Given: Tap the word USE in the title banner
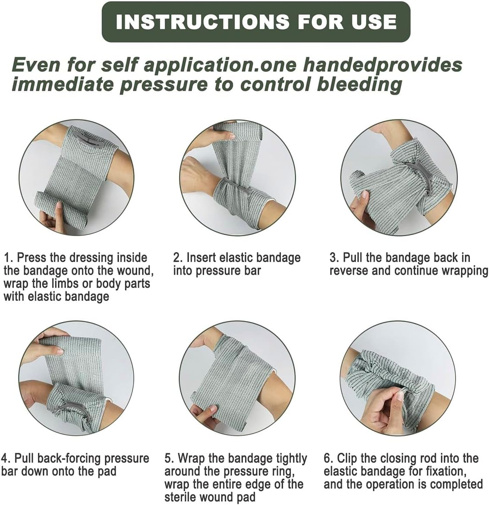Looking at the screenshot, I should (374, 22).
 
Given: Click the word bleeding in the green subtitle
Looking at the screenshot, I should (359, 84).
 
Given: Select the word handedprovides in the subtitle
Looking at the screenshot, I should (382, 65).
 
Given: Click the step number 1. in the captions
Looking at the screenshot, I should (9, 258).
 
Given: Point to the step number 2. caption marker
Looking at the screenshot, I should (178, 258).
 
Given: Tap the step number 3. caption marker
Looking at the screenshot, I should (334, 258).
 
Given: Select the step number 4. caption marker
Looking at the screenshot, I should (6, 458).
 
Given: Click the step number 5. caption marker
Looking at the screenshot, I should (170, 458).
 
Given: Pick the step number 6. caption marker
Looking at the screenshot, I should (328, 458).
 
